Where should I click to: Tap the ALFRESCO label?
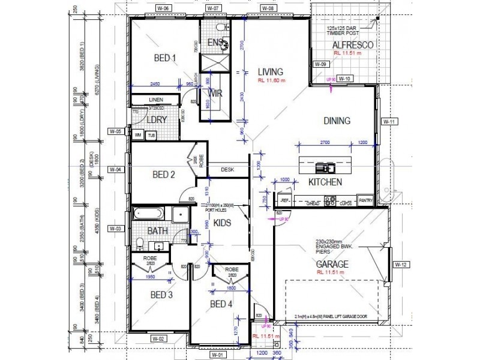point(354,46)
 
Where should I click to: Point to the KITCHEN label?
point(325,182)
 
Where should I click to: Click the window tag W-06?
point(163,8)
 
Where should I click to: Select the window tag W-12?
point(401,264)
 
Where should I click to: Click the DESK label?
point(227,170)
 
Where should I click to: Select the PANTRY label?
point(365,200)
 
